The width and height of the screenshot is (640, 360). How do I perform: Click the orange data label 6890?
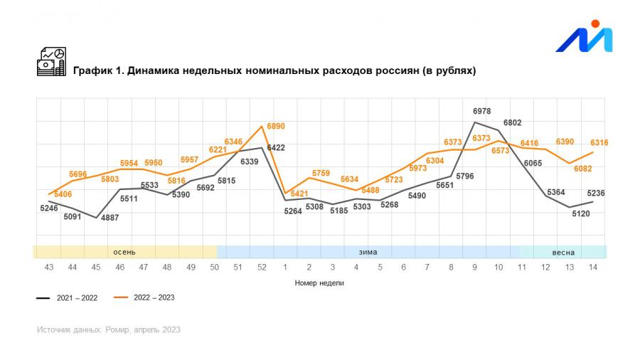pos(277,126)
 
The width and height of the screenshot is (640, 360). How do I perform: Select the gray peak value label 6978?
pos(482,112)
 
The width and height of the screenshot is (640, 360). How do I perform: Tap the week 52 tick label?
pos(262,267)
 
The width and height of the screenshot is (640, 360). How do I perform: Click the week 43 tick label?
pos(49,267)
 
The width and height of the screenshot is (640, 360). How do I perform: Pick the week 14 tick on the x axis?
pos(593,267)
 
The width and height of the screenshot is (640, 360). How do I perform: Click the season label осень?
pos(124,252)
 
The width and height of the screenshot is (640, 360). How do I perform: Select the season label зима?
pos(368,252)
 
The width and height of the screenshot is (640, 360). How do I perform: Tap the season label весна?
pos(563,252)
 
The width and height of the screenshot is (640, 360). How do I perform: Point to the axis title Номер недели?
pos(319,283)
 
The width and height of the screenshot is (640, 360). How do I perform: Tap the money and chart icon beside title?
pos(51,62)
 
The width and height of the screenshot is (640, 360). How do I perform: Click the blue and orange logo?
pos(584,37)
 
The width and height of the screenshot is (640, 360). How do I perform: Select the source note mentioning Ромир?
pos(109,330)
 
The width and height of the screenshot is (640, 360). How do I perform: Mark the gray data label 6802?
pos(512,123)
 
